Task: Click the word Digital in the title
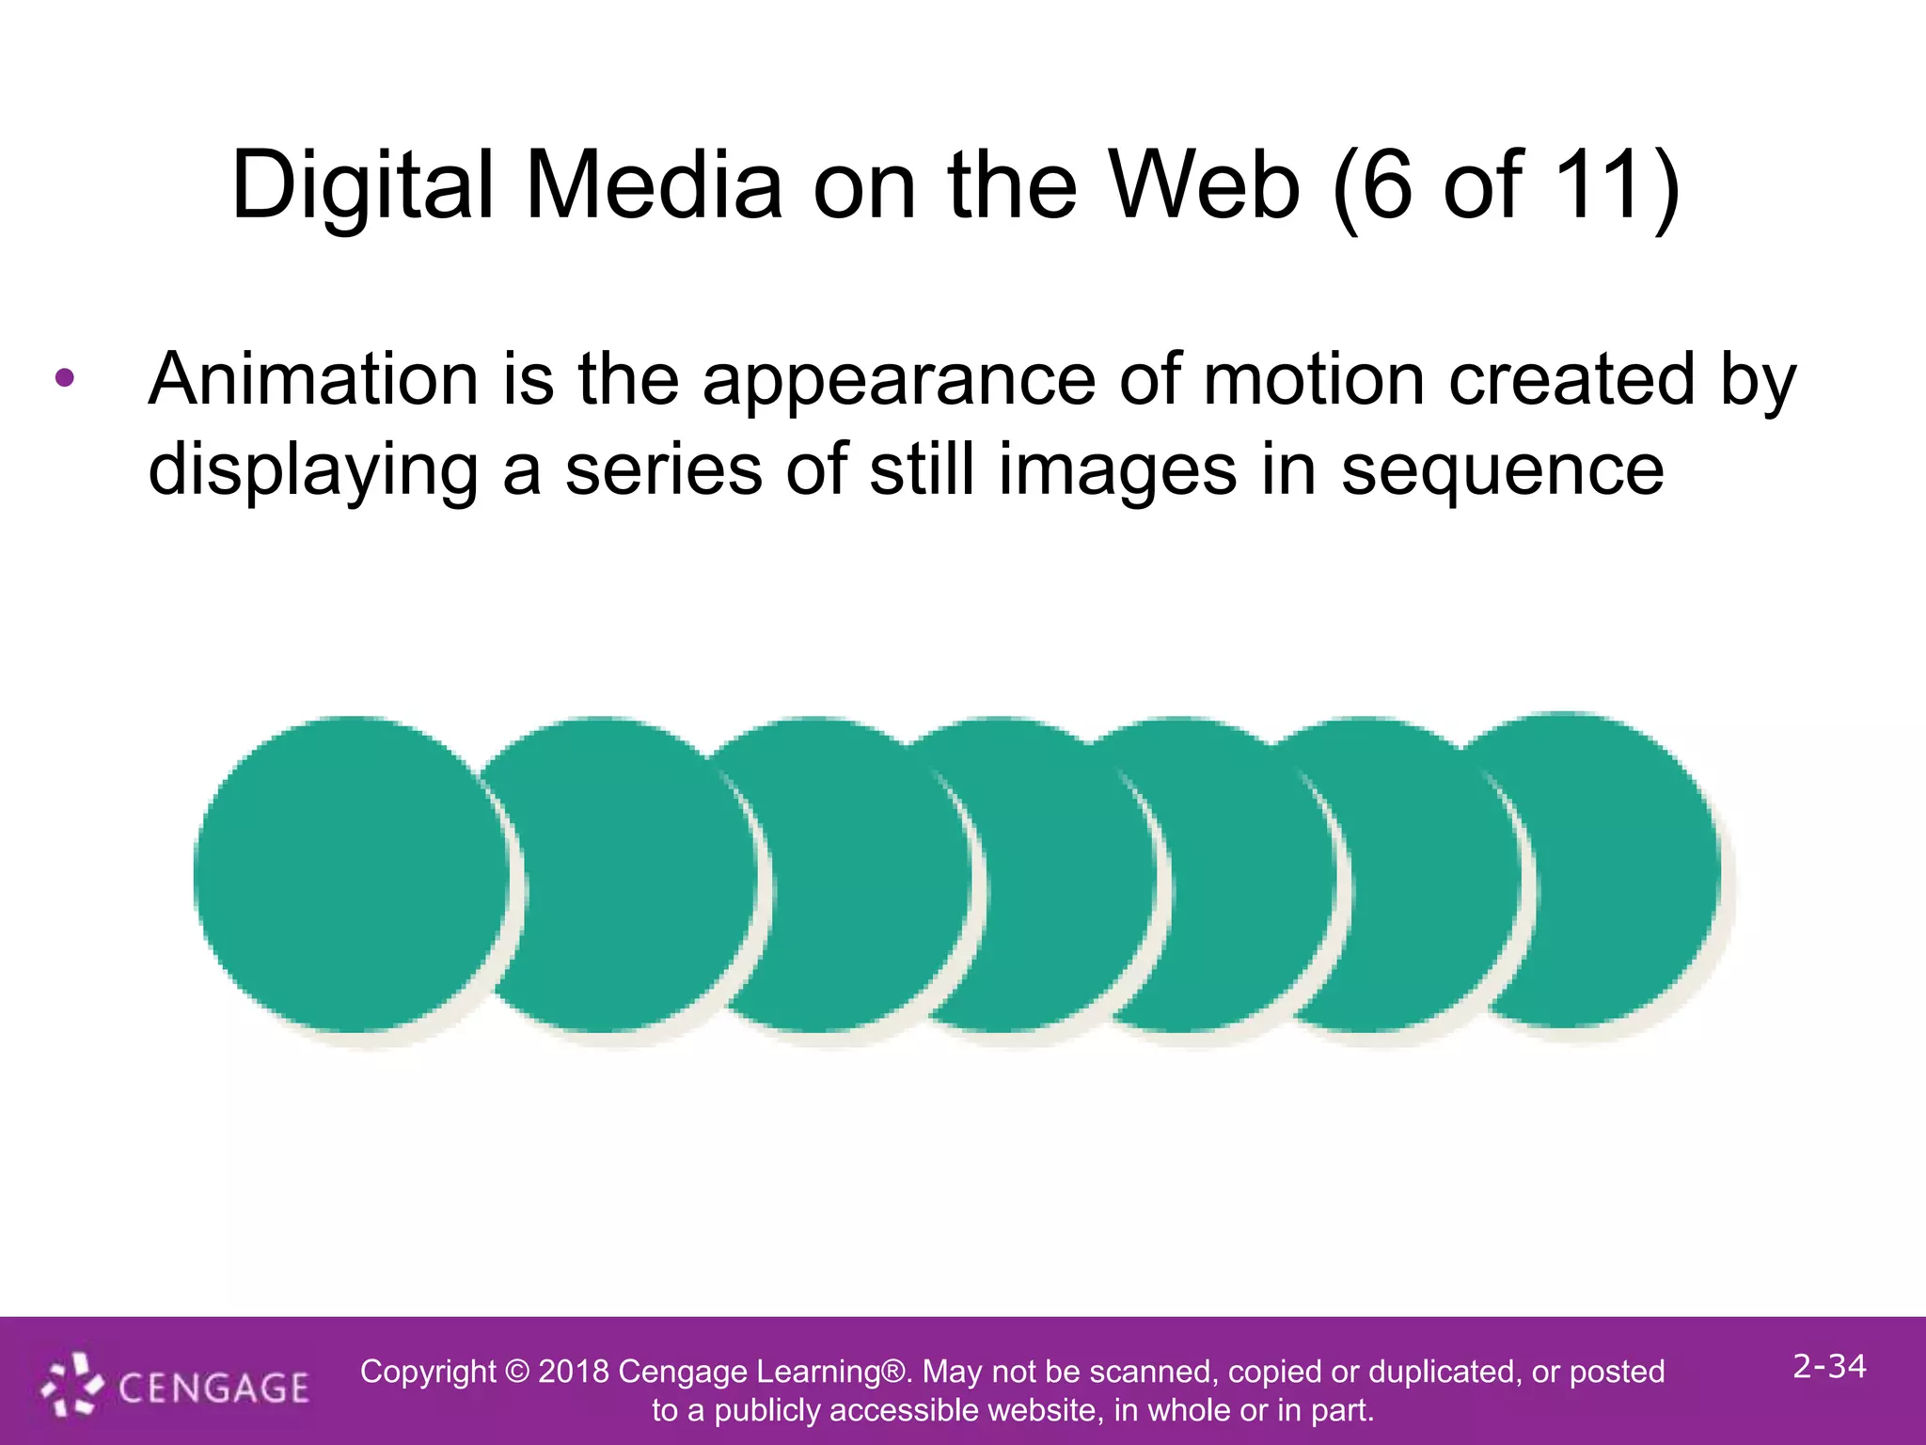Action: (362, 186)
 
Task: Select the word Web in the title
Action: (1205, 186)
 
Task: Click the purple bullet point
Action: (64, 379)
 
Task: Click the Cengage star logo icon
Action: (71, 1384)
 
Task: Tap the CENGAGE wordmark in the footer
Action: (213, 1389)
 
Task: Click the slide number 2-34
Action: (1828, 1366)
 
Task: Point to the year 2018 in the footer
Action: (573, 1372)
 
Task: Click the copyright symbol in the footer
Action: (517, 1372)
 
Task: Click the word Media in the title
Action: (654, 186)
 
